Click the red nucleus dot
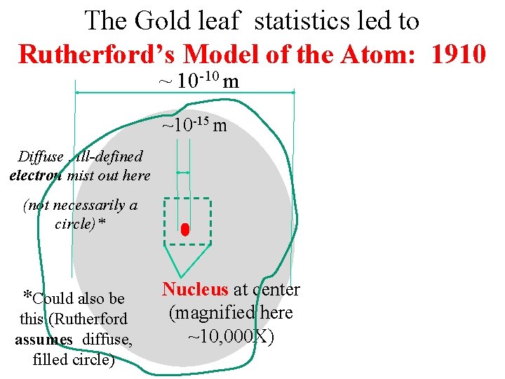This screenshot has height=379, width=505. [185, 230]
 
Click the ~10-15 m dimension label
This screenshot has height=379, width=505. [194, 126]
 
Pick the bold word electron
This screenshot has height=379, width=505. [36, 175]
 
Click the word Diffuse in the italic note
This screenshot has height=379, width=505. [40, 157]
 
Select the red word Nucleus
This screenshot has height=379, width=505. [195, 289]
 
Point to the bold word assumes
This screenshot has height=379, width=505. [43, 340]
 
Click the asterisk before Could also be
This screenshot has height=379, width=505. [27, 296]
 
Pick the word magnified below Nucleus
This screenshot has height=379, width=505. [208, 313]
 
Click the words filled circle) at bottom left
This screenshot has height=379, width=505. [73, 360]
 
